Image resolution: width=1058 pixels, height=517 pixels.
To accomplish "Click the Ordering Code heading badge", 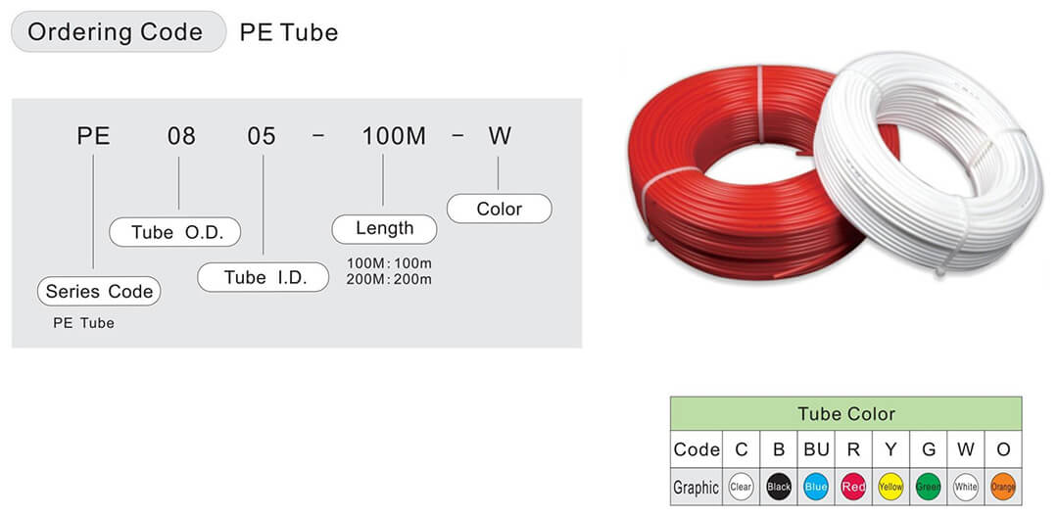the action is pyautogui.click(x=119, y=31).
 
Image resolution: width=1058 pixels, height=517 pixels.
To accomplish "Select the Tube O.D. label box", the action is pyautogui.click(x=174, y=232).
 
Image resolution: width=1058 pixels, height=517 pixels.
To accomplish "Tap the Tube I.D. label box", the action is pyautogui.click(x=264, y=277).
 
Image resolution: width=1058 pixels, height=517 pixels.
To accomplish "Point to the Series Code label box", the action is pyautogui.click(x=99, y=291).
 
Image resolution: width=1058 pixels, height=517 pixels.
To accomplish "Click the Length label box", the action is pyautogui.click(x=385, y=229).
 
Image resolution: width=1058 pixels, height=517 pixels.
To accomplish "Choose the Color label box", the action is pyautogui.click(x=500, y=209).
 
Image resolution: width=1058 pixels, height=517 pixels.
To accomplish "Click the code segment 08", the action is pyautogui.click(x=181, y=136).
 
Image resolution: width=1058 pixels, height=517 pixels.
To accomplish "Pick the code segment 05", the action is pyautogui.click(x=262, y=136).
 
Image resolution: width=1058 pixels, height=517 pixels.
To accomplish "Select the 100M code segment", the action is pyautogui.click(x=394, y=136).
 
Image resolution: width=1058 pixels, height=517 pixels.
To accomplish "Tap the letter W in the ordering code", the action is pyautogui.click(x=500, y=136).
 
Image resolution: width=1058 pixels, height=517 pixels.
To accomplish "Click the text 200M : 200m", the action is pyautogui.click(x=389, y=279).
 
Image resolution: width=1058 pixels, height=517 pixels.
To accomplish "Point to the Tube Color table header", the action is pyautogui.click(x=846, y=413).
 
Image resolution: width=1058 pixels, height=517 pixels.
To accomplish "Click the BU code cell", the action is pyautogui.click(x=816, y=448).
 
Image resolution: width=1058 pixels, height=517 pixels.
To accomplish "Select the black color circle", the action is pyautogui.click(x=779, y=487).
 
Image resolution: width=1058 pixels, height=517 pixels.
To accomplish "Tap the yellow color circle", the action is pyautogui.click(x=890, y=487).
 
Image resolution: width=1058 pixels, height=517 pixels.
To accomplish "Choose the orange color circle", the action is pyautogui.click(x=1003, y=487).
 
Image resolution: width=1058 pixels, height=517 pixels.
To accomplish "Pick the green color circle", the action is pyautogui.click(x=929, y=487).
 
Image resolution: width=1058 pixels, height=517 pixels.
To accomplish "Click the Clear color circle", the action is pyautogui.click(x=741, y=487).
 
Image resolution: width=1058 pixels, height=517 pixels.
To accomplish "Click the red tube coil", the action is pyautogui.click(x=675, y=203).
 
